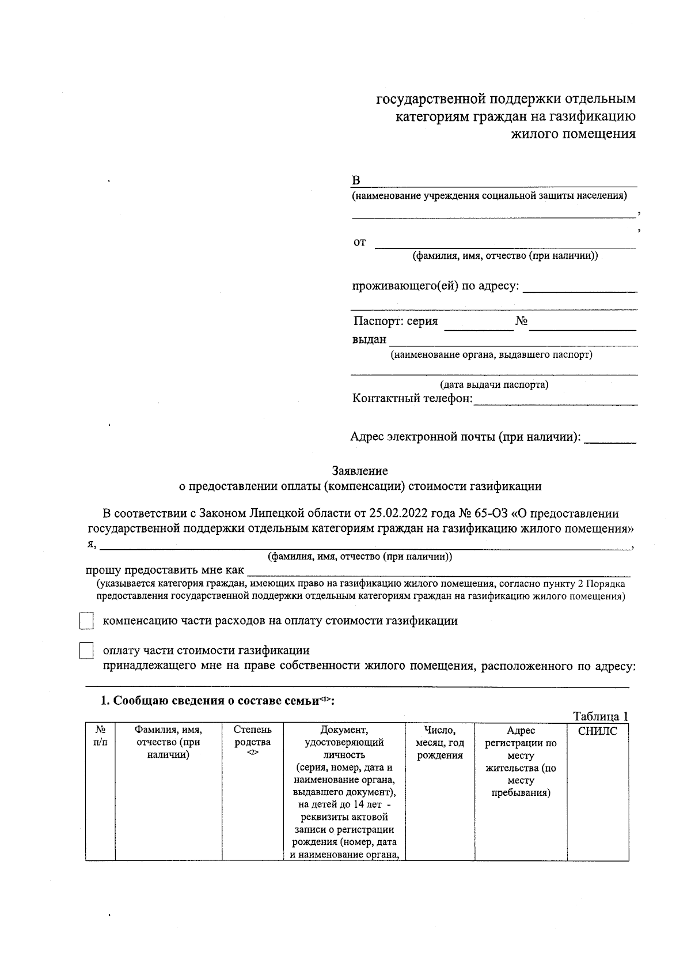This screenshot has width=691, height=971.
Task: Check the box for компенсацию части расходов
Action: (86, 621)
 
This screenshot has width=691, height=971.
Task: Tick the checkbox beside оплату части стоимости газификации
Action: (86, 651)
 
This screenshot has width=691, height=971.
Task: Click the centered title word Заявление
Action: (360, 471)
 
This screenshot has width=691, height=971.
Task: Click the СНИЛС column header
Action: (597, 731)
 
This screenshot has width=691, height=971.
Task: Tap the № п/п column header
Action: (100, 736)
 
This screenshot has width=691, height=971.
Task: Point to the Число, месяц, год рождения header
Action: (440, 743)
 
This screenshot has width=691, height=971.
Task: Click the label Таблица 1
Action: (600, 716)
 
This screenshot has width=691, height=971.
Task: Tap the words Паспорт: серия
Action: (396, 322)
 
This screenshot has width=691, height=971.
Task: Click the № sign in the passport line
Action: (521, 322)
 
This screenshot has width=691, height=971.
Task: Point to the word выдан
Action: (369, 339)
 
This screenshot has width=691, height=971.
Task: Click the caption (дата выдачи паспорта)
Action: (494, 384)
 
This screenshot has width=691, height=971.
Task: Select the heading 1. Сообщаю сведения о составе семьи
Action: (218, 701)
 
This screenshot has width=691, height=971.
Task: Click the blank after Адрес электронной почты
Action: (610, 440)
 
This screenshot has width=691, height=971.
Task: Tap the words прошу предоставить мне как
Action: (165, 570)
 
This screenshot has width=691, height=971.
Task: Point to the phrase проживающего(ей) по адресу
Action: (435, 286)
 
